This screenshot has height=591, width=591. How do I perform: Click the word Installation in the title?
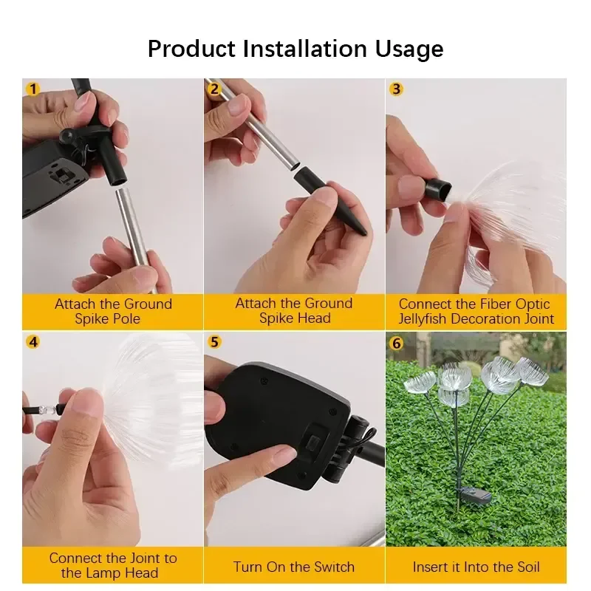point(304,49)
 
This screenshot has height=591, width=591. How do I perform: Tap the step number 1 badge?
point(33,89)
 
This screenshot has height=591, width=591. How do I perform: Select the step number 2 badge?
point(214,89)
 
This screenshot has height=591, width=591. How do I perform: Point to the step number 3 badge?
point(396,89)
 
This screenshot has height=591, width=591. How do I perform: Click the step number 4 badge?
point(33,342)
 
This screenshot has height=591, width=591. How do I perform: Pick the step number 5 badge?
point(214,342)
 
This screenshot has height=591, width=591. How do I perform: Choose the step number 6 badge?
point(396,344)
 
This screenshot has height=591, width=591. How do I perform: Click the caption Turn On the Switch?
point(293,567)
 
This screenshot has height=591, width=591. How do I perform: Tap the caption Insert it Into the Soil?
point(476,567)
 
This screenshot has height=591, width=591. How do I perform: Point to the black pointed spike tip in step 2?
point(363,233)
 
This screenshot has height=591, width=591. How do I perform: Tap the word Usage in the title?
point(409,49)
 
